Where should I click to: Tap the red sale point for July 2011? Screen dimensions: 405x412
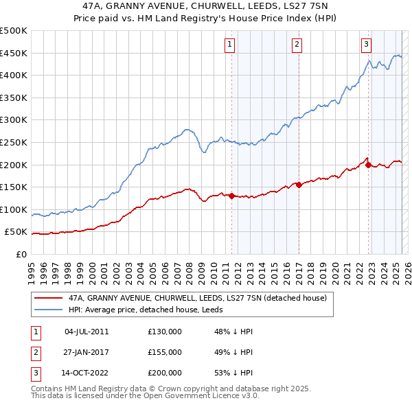231,196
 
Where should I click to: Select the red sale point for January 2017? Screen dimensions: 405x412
299,184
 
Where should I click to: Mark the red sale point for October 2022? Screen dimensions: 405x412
369,165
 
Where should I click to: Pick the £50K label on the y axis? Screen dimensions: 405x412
16,232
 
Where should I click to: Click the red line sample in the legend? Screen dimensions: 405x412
48,298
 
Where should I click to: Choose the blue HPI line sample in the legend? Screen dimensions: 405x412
48,309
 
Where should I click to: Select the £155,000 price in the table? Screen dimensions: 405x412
165,352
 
